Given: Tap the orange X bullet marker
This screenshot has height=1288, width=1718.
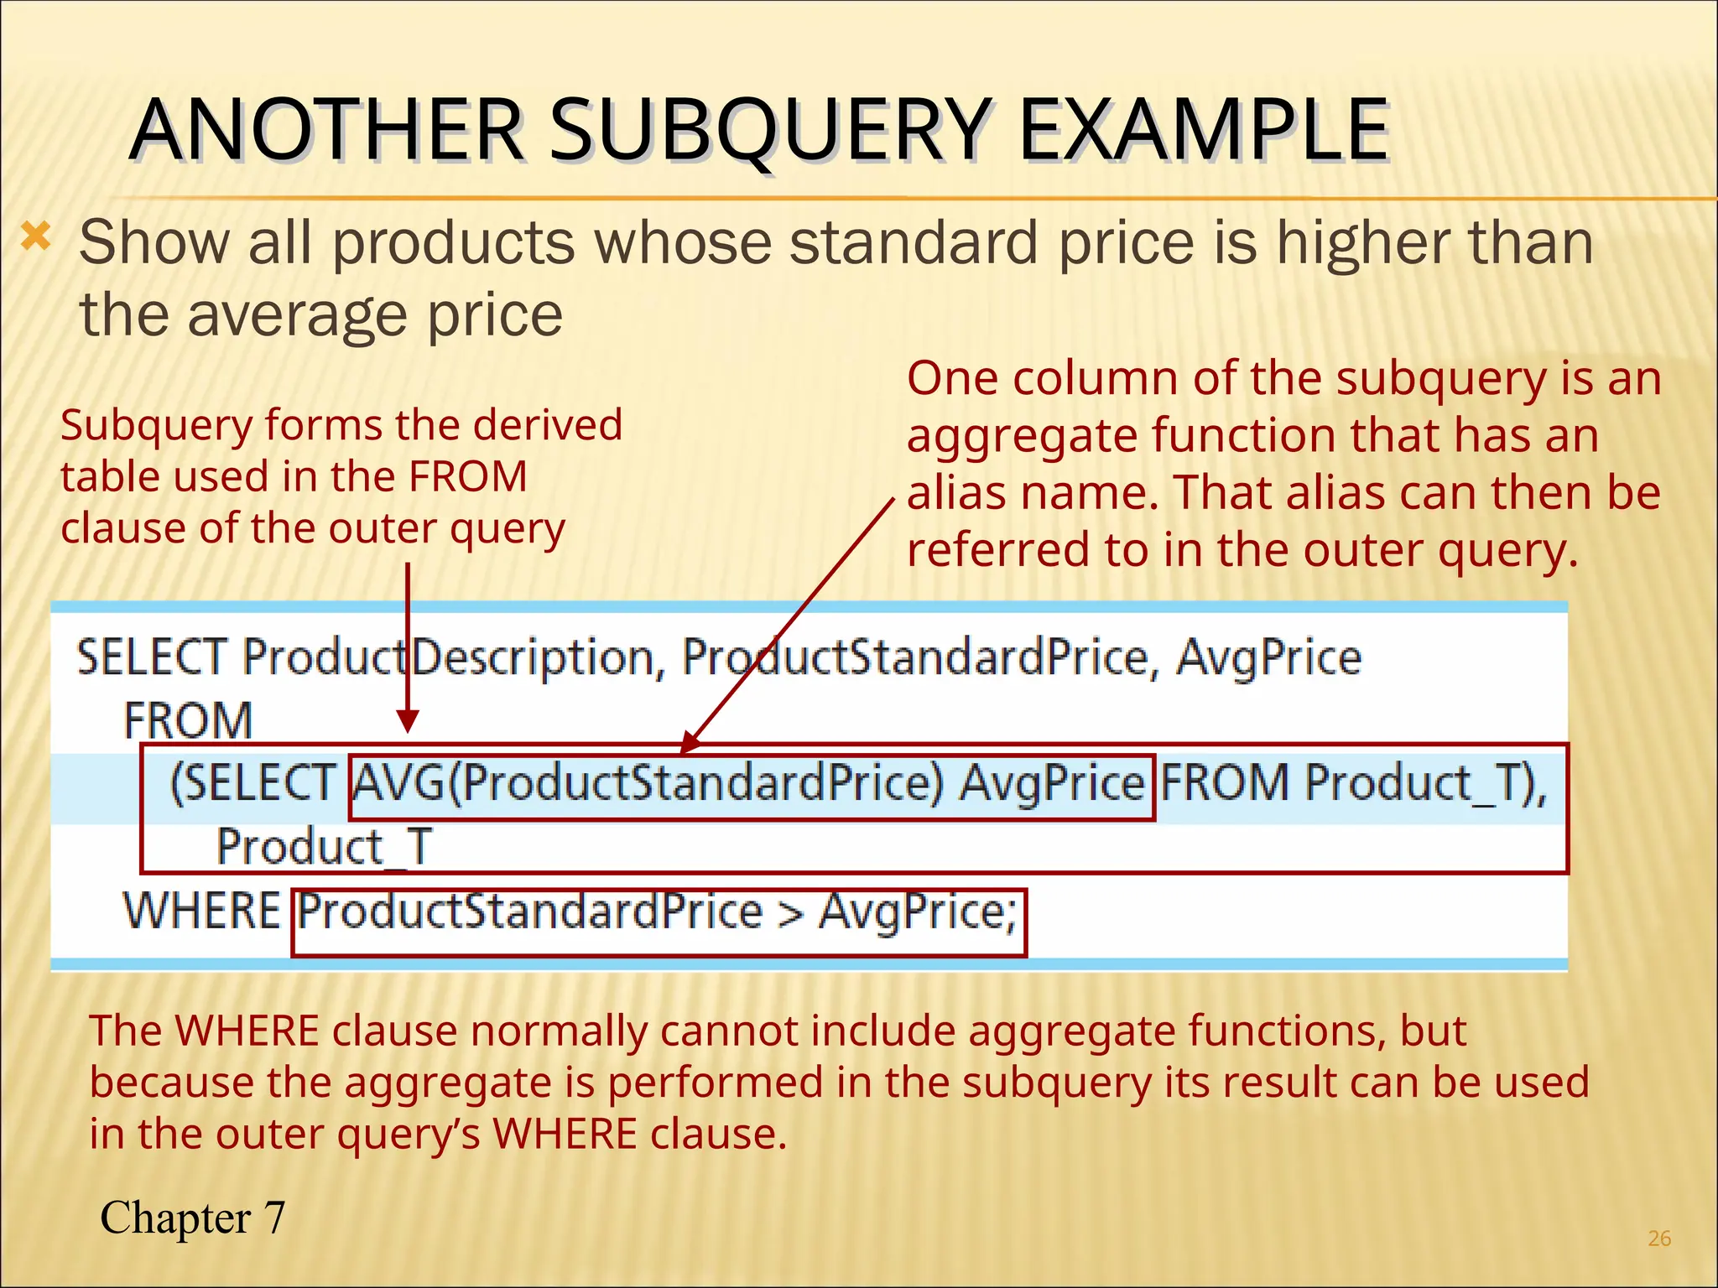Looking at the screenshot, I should coord(35,238).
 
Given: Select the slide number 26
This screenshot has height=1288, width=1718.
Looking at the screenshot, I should coord(1658,1238).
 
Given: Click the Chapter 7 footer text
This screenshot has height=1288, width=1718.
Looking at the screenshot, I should coord(192,1218).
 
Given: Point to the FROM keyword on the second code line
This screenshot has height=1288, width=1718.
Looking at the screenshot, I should coord(188,720).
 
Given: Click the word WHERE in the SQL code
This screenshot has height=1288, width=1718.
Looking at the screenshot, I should coord(201,911).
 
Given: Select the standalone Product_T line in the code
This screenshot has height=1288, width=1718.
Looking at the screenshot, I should coord(325,846).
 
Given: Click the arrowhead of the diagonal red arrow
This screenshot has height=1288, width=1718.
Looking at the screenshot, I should coord(690,741).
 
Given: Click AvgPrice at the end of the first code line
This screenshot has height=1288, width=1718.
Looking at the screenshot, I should coord(1268,658).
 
